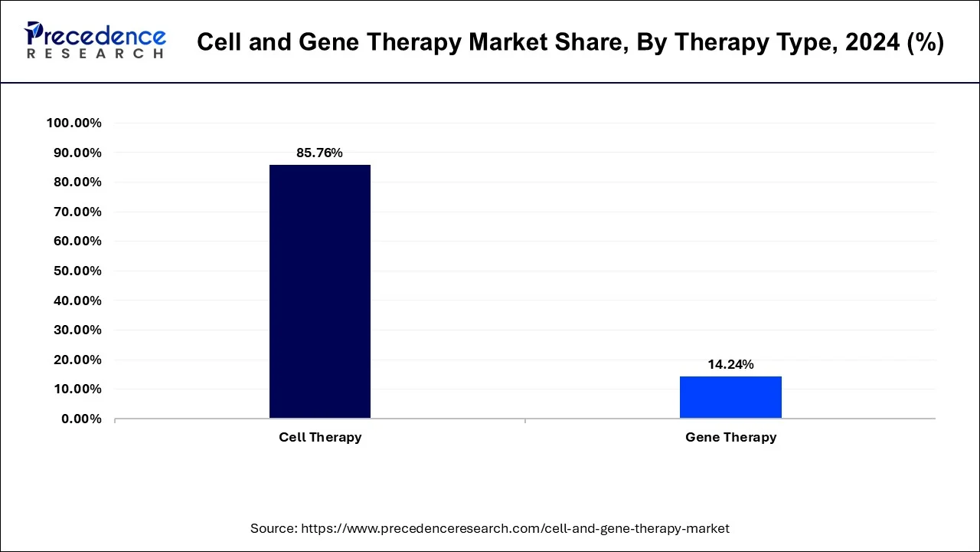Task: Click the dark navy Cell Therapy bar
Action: (x=320, y=291)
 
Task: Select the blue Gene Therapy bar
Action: (x=730, y=397)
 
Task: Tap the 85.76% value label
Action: (x=320, y=153)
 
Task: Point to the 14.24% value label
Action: (x=730, y=364)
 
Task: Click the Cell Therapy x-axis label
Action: (x=320, y=437)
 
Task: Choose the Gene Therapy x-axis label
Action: (x=730, y=437)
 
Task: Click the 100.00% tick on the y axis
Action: (x=74, y=123)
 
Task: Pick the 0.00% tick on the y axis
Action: (x=81, y=419)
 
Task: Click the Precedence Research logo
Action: (x=95, y=41)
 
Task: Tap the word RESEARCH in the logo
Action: (x=95, y=54)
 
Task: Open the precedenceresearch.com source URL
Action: (x=515, y=528)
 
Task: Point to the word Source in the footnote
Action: (x=273, y=528)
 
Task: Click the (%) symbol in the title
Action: (x=926, y=43)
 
